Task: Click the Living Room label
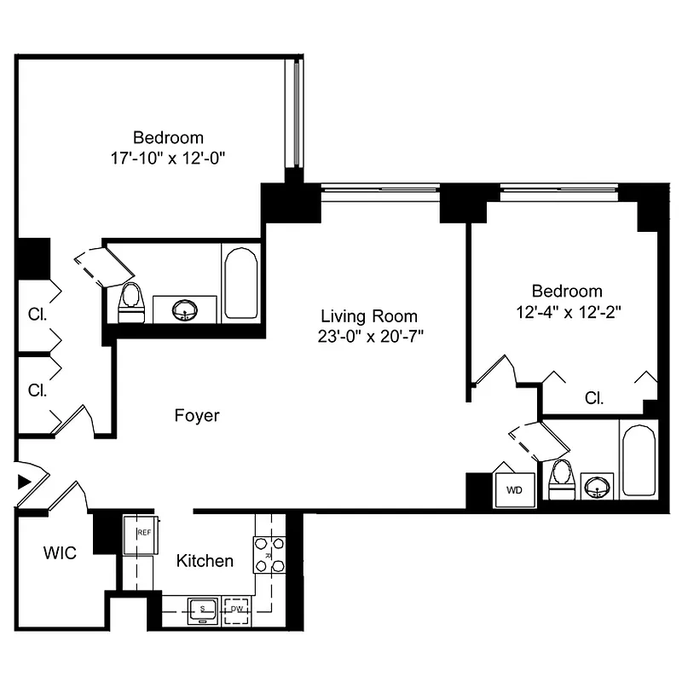pos(368,315)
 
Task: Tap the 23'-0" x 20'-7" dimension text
pos(368,336)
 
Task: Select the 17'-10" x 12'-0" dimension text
pos(168,158)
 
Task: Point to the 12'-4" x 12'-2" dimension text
pos(567,311)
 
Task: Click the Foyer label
pos(197,416)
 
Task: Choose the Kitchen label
pos(205,561)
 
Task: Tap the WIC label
pos(60,553)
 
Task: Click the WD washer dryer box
pos(514,490)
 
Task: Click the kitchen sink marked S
pos(203,609)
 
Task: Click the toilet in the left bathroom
pos(130,303)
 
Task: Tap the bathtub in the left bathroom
pos(241,284)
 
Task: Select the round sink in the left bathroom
pos(185,310)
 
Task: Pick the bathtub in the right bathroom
pos(638,460)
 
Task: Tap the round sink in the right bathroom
pos(596,487)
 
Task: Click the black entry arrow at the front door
pos(24,483)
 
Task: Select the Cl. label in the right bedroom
pos(595,397)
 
